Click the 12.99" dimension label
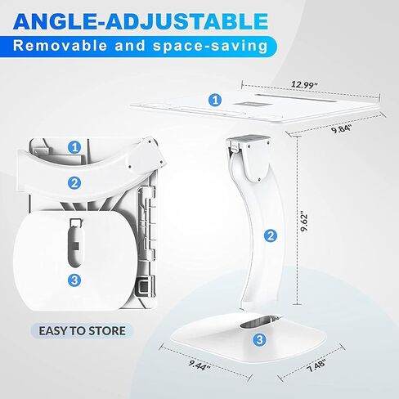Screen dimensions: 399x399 tap(304, 84)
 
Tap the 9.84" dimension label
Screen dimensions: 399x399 tap(342, 128)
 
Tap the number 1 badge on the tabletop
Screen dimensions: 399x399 tap(215, 100)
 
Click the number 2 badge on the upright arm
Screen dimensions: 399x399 tap(271, 235)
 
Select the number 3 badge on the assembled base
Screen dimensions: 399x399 tap(260, 339)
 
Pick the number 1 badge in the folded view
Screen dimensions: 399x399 tap(74, 147)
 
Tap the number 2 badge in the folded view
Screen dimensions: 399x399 tap(74, 183)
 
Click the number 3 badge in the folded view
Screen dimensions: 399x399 tap(74, 280)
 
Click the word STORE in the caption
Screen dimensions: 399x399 tap(107, 331)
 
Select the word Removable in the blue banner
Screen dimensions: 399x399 tap(60, 46)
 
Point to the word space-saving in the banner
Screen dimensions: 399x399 tap(210, 46)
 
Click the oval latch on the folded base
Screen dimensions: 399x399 tap(75, 244)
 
